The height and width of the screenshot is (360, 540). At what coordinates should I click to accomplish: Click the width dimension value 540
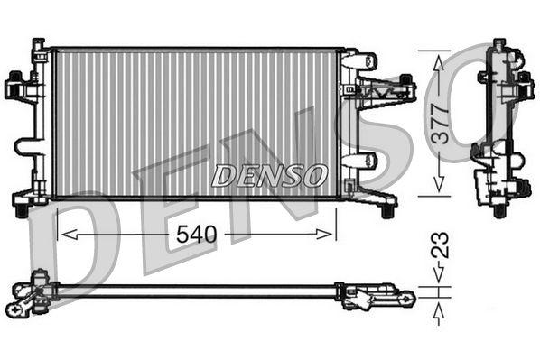pos(196,235)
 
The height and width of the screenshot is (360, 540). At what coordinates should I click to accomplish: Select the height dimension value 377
pos(439,122)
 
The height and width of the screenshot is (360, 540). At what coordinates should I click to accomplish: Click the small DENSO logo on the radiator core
pos(269,175)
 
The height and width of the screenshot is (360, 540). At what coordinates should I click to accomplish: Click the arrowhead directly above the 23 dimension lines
pos(440,281)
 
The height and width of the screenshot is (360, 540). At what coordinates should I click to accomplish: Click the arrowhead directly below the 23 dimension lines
pos(440,311)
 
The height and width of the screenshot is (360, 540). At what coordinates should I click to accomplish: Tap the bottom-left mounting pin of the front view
pos(19,211)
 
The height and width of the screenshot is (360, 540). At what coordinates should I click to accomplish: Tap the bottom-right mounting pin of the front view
pos(387,211)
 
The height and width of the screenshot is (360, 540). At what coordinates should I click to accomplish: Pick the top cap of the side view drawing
pos(499,45)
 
